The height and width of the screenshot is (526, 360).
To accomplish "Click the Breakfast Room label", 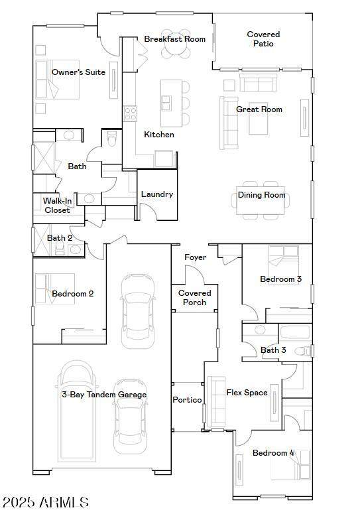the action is pos(174,39).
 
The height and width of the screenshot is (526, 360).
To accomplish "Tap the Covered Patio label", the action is pos(263,39).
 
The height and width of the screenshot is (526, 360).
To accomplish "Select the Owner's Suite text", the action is pos(78,72).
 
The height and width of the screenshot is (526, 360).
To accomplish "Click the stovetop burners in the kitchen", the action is pos(131,113).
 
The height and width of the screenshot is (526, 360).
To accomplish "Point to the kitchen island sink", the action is pos(166,103).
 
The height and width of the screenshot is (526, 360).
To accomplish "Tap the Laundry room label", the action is pos(157,194).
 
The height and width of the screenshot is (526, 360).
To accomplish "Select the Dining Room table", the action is pos(261,200).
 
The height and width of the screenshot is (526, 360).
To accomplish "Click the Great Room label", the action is pos(259,109).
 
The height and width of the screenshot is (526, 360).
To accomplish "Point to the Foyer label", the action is pos(196,257).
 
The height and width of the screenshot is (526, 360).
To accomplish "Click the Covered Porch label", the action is pos(195,298).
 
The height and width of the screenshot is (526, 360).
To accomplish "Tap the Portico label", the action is pos(187,400).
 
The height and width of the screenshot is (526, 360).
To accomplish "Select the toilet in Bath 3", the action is pos(304,351).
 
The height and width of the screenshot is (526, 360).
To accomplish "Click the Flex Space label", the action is pos(247,393).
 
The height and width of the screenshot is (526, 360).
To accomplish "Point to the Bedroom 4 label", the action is pos(274,453).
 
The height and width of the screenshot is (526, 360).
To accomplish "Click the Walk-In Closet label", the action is pos(57,206).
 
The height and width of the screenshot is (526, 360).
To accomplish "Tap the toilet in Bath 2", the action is pos(60,249).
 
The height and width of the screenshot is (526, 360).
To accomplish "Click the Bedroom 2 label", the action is pos(73,294).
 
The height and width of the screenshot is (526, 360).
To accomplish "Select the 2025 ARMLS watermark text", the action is pos(46,502).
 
